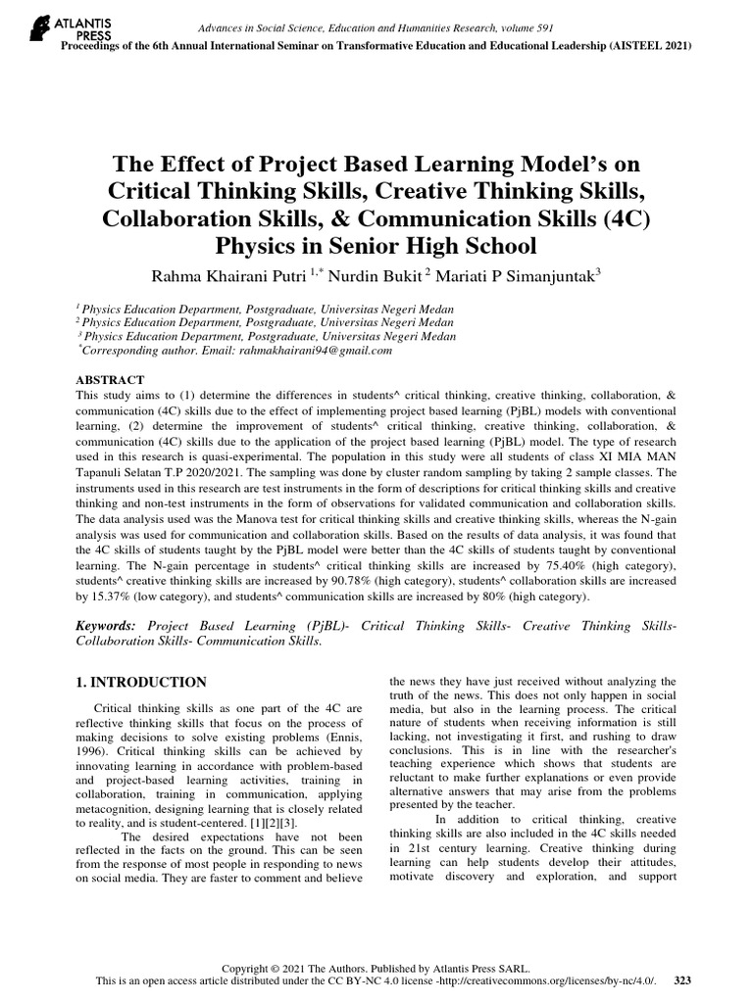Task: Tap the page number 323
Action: tap(683, 980)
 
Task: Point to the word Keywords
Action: tap(107, 624)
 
